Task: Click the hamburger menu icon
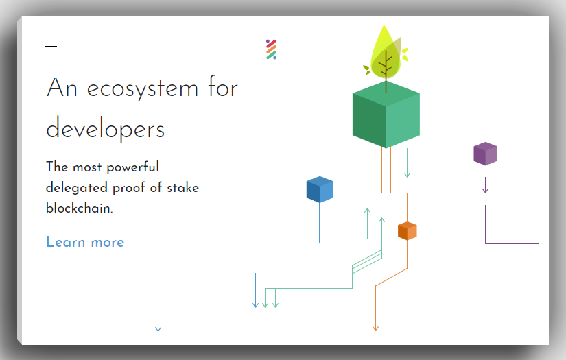51,49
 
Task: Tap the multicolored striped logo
271,49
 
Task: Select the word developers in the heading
106,130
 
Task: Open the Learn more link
85,242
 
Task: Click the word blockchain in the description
79,208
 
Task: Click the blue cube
320,190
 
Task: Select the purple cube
485,154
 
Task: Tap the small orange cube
408,231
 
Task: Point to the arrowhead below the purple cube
485,190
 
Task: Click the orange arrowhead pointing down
375,328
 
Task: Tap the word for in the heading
221,88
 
